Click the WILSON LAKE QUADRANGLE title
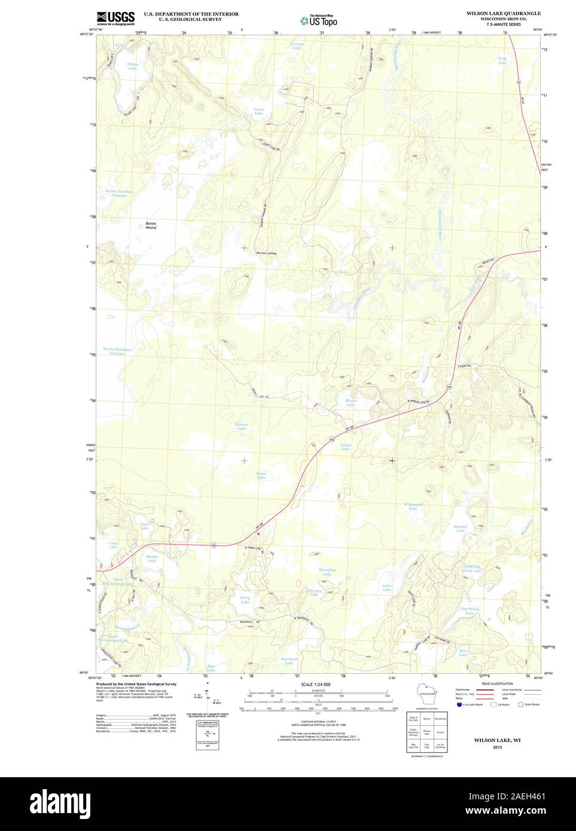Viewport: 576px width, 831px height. pos(504,13)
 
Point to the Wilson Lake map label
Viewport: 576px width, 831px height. pos(132,66)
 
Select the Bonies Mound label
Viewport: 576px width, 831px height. pos(151,225)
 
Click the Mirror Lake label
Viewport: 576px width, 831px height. pos(351,403)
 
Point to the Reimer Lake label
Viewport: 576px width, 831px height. pos(241,426)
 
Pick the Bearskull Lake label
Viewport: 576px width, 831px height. pos(288,661)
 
